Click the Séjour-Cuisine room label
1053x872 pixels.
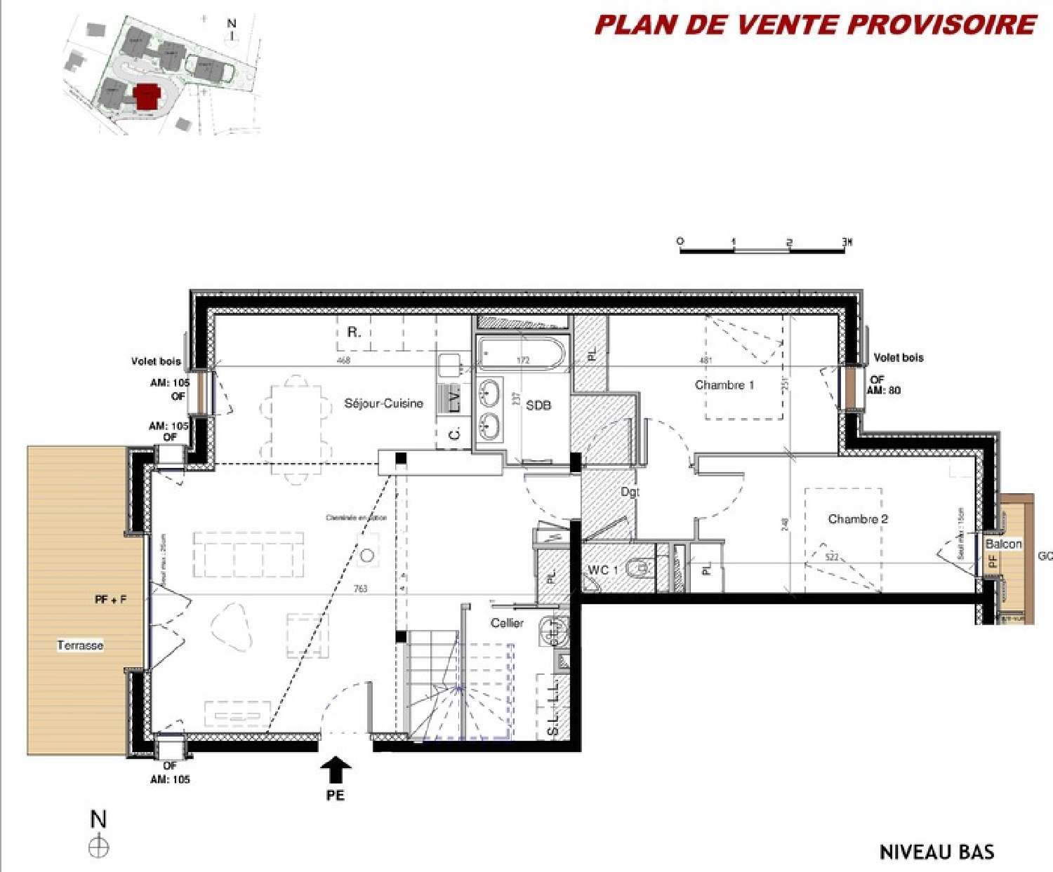click(x=383, y=403)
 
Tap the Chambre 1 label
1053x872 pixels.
click(x=724, y=385)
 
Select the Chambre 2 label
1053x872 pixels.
click(x=857, y=519)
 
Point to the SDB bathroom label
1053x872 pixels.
click(x=538, y=405)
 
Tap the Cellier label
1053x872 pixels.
click(x=507, y=623)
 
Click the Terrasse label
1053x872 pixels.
click(x=80, y=645)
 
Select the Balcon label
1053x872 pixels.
click(x=1003, y=544)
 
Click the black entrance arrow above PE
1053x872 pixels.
click(x=336, y=769)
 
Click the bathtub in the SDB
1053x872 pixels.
click(x=522, y=353)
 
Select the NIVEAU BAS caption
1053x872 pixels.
click(x=936, y=852)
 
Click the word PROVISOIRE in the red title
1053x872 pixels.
click(x=941, y=25)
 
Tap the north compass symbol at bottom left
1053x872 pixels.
click(x=99, y=847)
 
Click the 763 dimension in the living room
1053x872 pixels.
click(x=360, y=589)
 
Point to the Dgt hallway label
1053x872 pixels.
click(x=630, y=492)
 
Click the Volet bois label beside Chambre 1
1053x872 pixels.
click(x=898, y=358)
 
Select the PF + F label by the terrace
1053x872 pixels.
click(x=110, y=600)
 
